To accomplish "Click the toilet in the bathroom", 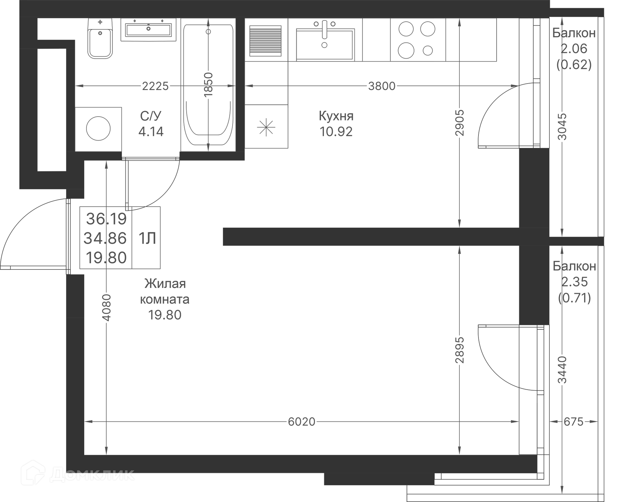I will (100, 39).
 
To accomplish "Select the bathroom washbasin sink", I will (148, 30).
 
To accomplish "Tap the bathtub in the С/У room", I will (208, 85).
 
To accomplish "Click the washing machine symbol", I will (98, 129).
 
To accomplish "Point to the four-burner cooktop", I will (417, 40).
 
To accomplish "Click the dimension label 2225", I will (155, 86).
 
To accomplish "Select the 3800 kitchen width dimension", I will (382, 86).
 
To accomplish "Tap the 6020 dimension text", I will (301, 422).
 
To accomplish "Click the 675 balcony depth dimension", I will (573, 422).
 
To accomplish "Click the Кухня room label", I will (336, 116).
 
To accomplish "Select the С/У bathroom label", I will (151, 116).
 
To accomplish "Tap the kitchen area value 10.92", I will (336, 131).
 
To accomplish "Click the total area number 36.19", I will (106, 219).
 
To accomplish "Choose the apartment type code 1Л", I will (147, 238).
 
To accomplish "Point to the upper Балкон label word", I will (574, 33).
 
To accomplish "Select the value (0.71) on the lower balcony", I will (574, 297).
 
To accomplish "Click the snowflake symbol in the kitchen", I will (266, 127).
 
